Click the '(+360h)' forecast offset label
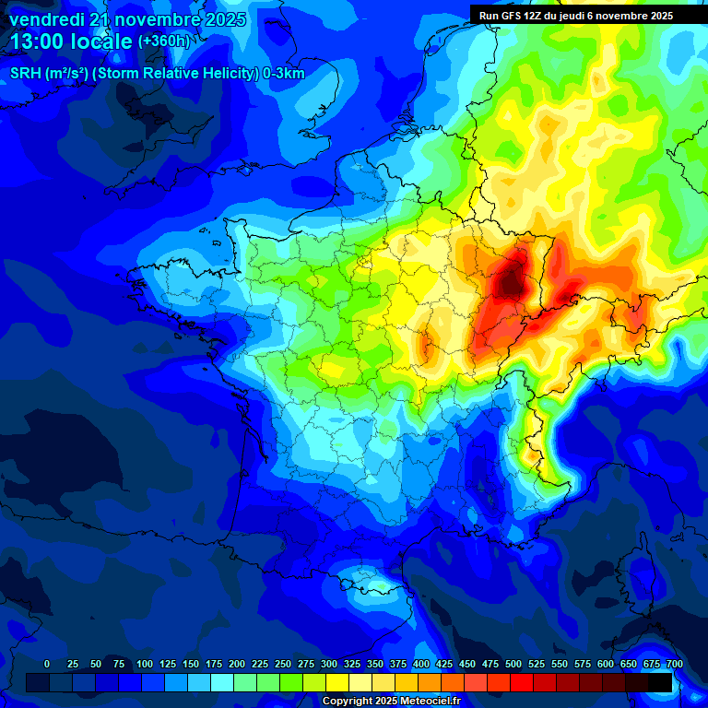tap(164, 41)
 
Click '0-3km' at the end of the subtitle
tap(284, 74)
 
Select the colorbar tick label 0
tap(47, 665)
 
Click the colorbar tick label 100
tap(144, 665)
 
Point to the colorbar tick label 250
tap(283, 665)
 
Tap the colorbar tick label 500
tap(513, 665)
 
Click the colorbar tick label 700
tap(674, 665)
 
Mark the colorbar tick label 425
tap(444, 665)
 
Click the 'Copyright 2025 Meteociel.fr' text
tap(390, 702)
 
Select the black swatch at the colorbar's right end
tap(660, 682)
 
